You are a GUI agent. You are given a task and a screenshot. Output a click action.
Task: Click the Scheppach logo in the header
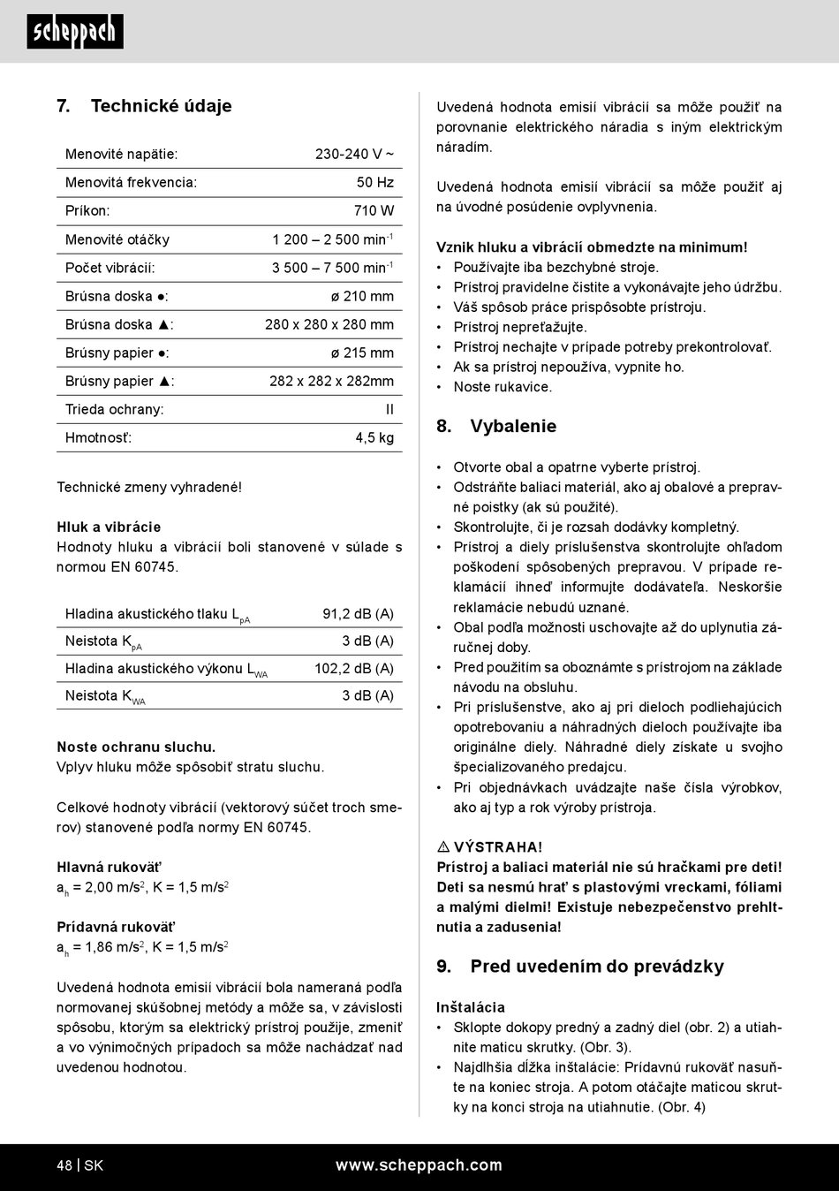click(x=75, y=32)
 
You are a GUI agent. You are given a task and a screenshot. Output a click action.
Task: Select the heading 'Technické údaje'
click(x=161, y=106)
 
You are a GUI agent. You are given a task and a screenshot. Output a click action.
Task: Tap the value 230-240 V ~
click(x=354, y=154)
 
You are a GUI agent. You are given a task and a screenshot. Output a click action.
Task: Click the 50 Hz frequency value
click(x=374, y=182)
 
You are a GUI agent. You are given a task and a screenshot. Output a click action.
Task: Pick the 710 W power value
click(x=374, y=210)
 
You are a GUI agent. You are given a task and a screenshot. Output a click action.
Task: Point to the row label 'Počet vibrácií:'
click(x=110, y=268)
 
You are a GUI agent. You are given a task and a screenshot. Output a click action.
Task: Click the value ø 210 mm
click(x=362, y=296)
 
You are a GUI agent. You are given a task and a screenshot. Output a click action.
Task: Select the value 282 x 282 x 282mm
click(x=331, y=381)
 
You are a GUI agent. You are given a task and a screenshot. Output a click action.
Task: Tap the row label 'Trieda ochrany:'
click(x=115, y=409)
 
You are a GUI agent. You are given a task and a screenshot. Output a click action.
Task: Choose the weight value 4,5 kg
click(x=374, y=437)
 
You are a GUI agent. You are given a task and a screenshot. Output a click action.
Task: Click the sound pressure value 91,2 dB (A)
click(x=358, y=613)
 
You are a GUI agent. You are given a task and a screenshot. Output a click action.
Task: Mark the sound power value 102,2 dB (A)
click(x=354, y=668)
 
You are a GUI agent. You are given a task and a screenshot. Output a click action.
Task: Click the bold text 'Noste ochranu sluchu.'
click(x=136, y=747)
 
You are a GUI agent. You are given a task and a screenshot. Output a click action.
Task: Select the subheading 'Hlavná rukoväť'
click(x=109, y=867)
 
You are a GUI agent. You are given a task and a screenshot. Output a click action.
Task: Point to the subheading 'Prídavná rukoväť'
click(x=116, y=927)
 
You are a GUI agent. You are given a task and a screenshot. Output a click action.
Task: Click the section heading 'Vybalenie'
click(x=513, y=426)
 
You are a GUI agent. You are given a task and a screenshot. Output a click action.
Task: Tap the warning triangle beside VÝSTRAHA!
click(x=443, y=846)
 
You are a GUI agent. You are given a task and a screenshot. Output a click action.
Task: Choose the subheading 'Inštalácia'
click(x=471, y=1006)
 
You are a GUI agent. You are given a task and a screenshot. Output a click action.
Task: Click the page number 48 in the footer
click(x=64, y=1165)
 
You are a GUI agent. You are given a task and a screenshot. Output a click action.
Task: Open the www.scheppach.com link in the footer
click(x=419, y=1165)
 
